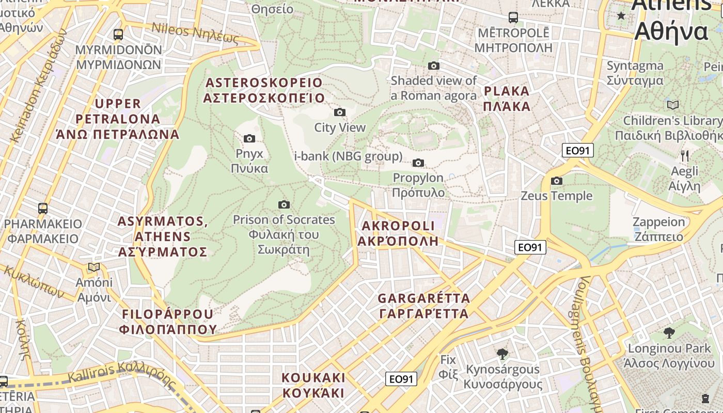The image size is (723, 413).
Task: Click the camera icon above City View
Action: (x=339, y=112)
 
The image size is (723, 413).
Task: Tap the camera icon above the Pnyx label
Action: (x=249, y=138)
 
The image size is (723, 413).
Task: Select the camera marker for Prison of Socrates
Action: (x=284, y=204)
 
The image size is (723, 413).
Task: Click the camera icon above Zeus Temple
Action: (x=557, y=181)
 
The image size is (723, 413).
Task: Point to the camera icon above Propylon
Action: (x=418, y=163)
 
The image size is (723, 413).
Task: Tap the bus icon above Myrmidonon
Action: (x=118, y=35)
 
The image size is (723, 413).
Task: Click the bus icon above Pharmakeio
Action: (x=43, y=209)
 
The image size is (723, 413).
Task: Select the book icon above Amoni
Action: (x=93, y=267)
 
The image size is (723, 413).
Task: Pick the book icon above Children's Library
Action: (x=672, y=105)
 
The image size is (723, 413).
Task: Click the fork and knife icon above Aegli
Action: (x=685, y=155)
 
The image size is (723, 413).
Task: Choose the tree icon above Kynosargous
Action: (x=502, y=354)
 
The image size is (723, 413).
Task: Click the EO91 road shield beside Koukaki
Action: (x=401, y=379)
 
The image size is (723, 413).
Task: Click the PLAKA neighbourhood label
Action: (x=507, y=99)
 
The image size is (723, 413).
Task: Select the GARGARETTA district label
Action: (x=423, y=306)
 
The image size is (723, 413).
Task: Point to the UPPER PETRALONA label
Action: (x=118, y=119)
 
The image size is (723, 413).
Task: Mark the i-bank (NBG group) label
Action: (x=348, y=156)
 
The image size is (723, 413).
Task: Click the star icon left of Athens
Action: (x=621, y=16)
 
